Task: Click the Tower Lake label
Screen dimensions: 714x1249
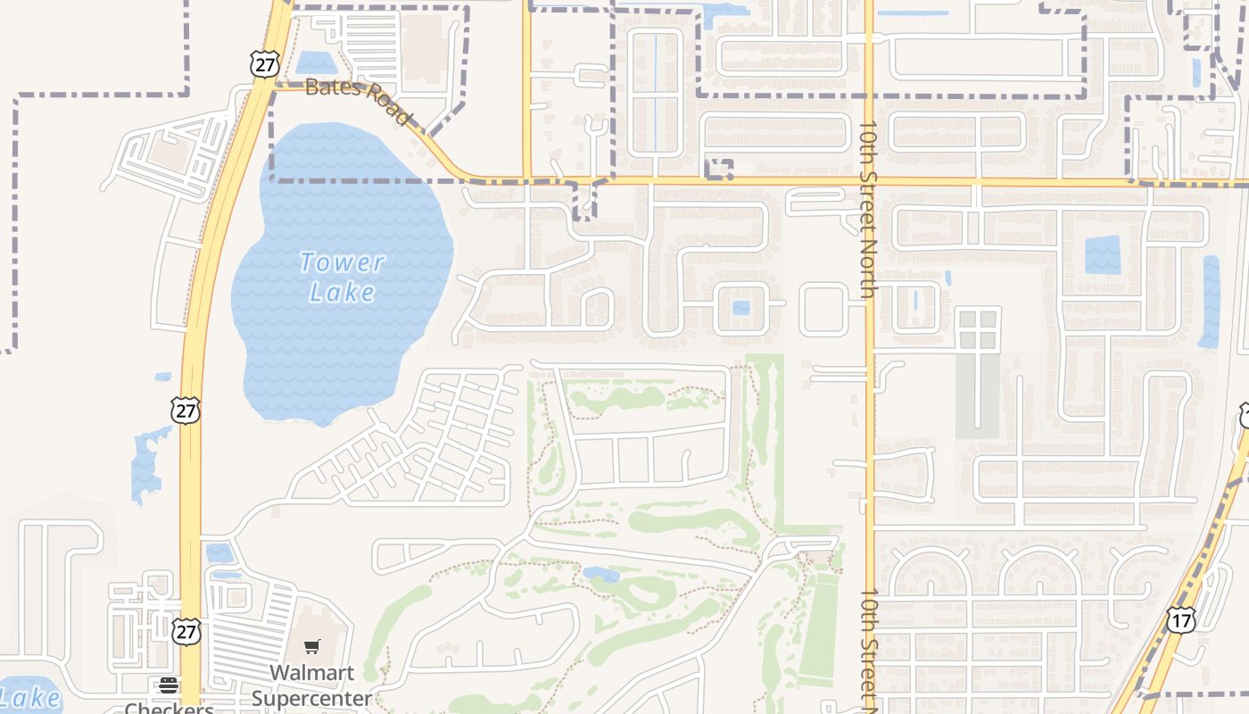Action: coord(342,277)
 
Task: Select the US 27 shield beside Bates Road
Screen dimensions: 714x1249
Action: coord(265,63)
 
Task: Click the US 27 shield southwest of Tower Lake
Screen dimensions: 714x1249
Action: coord(186,411)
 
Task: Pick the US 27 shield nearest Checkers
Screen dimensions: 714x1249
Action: coord(186,631)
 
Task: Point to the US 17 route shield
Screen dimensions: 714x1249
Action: coord(1180,620)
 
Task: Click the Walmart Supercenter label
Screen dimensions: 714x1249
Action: coord(311,685)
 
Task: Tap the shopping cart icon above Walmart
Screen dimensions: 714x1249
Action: coord(311,646)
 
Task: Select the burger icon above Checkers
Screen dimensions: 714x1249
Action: coord(168,685)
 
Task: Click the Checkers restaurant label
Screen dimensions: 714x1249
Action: coord(169,708)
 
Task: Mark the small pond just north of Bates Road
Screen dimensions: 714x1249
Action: coord(315,62)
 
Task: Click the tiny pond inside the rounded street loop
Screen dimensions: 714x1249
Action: coord(740,308)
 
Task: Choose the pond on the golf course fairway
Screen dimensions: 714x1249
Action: coord(602,574)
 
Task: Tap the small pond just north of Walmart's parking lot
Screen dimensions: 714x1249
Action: coord(219,553)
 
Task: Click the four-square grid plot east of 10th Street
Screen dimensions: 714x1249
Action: coord(978,328)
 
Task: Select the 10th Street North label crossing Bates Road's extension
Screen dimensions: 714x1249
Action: coord(869,214)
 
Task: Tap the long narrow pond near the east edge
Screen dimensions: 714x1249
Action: coord(1211,302)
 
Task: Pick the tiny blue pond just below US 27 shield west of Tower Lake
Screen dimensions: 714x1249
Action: coord(163,378)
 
